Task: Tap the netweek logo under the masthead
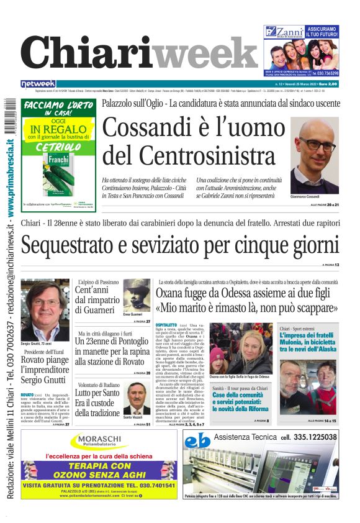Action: [x=38, y=83]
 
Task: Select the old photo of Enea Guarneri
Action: [x=136, y=294]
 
